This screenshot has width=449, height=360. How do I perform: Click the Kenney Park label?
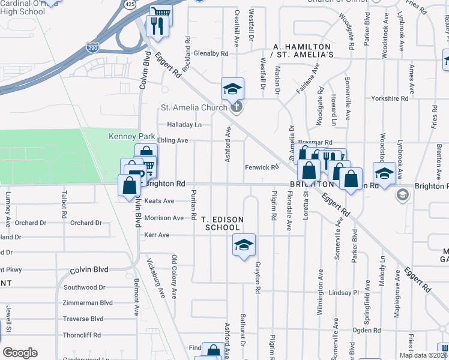[127, 137]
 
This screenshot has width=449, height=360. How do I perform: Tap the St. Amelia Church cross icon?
[237, 108]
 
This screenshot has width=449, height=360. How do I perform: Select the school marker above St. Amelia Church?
[232, 89]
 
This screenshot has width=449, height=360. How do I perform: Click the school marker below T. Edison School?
[244, 245]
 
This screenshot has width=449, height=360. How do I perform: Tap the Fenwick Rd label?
[262, 167]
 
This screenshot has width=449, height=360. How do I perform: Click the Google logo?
[20, 353]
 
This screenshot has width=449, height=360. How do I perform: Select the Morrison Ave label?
[164, 218]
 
